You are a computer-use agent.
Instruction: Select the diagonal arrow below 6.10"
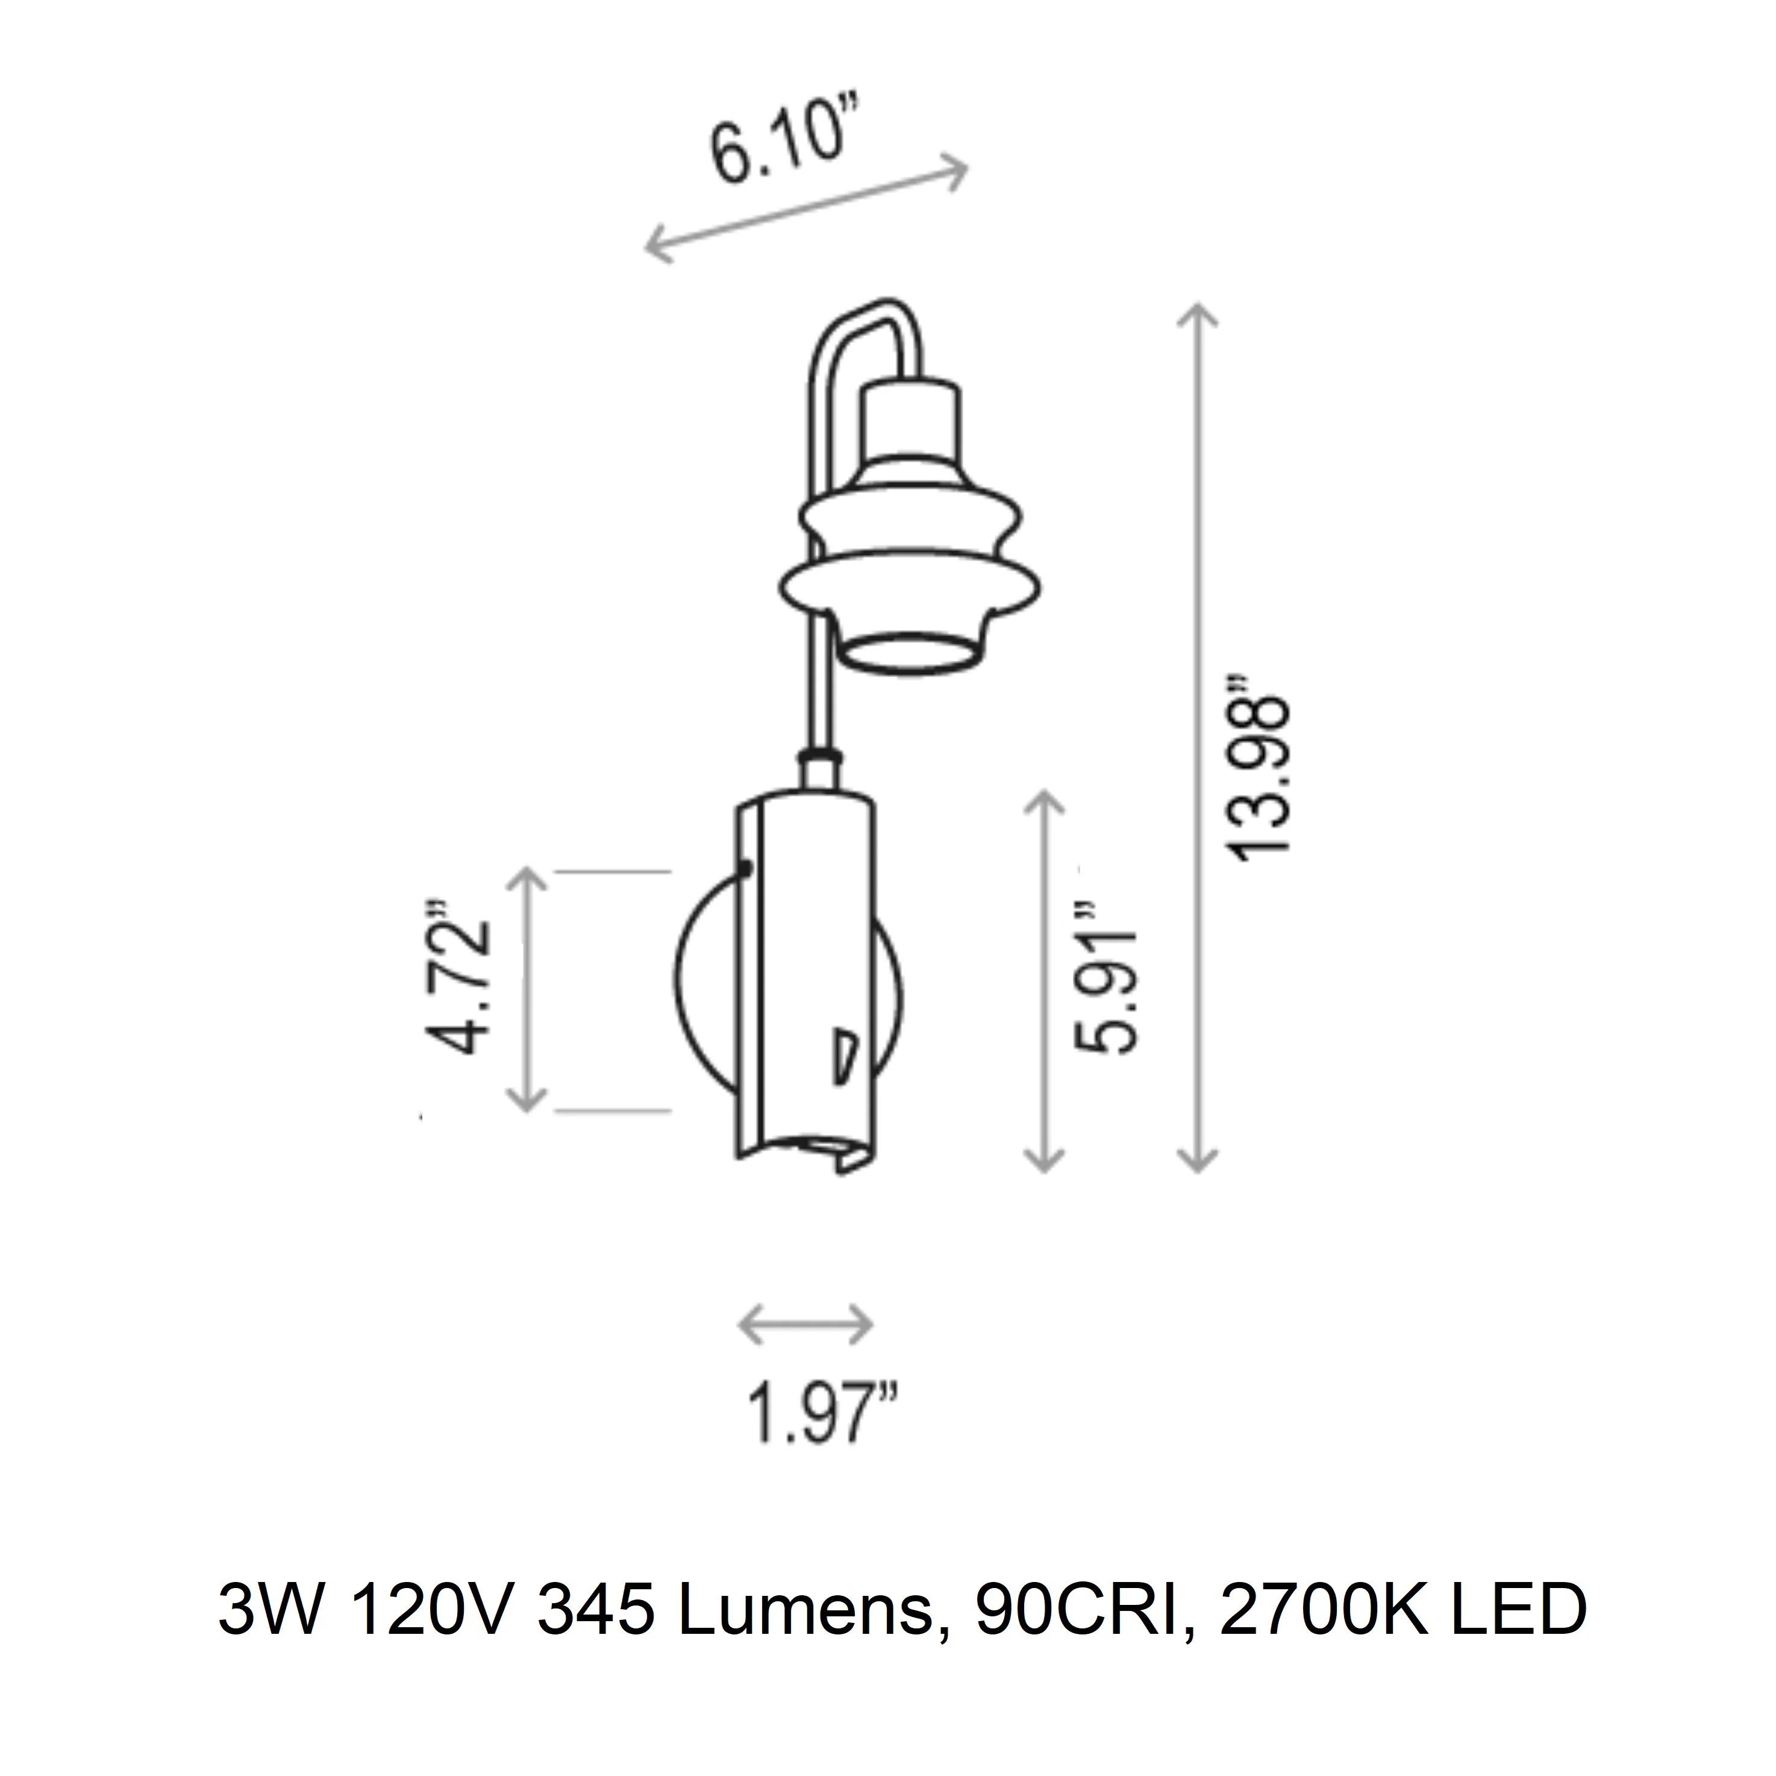pos(805,210)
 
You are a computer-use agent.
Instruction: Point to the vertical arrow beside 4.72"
pos(527,988)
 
